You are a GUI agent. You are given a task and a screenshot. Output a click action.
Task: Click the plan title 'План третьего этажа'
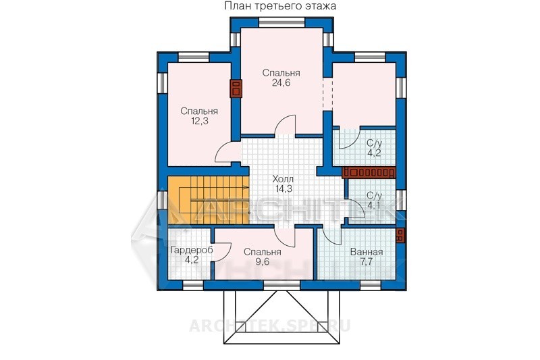click(280, 6)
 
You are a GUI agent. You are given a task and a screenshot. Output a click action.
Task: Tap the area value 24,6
click(281, 83)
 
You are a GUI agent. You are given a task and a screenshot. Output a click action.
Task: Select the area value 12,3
click(199, 121)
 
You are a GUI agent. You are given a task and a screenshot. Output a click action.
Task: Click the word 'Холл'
click(283, 179)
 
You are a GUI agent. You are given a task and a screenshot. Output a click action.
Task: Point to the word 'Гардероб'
click(192, 251)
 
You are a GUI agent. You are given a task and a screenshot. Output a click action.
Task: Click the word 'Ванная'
click(367, 252)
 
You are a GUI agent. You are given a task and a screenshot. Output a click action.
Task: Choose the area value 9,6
click(263, 262)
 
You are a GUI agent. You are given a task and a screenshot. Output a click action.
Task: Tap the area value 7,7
click(367, 262)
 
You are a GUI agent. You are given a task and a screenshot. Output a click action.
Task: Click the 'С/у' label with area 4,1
click(374, 196)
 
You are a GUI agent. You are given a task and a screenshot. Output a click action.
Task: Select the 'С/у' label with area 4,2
click(374, 143)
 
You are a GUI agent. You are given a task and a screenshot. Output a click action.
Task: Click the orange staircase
click(209, 200)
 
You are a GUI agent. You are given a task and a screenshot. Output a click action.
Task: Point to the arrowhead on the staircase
click(246, 187)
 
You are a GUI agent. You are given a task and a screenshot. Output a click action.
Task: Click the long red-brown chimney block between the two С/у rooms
click(369, 172)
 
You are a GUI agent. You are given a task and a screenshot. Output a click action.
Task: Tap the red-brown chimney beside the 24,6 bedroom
click(236, 89)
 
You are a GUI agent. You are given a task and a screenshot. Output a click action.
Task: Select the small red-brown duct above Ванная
click(400, 236)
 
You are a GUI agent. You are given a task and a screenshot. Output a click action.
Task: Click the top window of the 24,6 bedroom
click(281, 24)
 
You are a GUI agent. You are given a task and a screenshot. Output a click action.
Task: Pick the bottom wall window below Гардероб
click(193, 285)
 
